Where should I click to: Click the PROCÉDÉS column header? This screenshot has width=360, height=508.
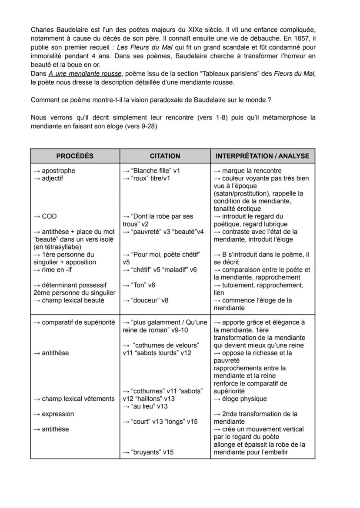tap(75, 156)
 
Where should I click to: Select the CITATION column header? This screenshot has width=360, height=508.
tap(165, 156)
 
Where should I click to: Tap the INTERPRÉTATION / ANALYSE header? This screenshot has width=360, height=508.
tap(263, 156)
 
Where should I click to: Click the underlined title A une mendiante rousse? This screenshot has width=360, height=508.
tap(85, 74)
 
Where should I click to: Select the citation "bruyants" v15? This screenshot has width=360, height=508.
tap(148, 452)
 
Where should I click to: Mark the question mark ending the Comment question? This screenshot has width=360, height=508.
tap(270, 100)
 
